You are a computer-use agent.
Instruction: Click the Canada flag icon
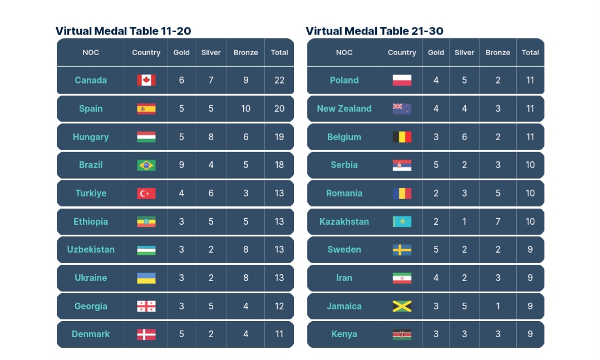point(146,80)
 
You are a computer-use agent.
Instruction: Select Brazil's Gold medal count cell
point(181,165)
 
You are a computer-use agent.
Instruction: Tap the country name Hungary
point(91,137)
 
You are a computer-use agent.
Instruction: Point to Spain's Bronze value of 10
point(245,109)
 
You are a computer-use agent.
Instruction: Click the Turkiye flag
point(146,193)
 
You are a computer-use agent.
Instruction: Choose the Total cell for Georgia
point(279,306)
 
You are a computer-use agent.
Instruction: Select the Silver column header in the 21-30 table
point(464,52)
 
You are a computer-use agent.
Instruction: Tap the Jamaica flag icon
point(402,306)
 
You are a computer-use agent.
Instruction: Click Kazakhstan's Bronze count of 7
point(498,221)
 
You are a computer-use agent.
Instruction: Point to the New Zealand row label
point(344,109)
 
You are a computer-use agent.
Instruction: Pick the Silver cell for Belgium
point(464,137)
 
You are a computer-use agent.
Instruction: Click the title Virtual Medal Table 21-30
point(375,31)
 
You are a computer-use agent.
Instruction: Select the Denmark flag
point(146,334)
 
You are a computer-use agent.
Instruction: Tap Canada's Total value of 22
point(279,80)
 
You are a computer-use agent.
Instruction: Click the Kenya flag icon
point(402,334)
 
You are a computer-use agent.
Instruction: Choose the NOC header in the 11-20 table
point(91,52)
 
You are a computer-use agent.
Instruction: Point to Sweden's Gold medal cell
point(436,249)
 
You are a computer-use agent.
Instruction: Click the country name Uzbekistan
point(91,249)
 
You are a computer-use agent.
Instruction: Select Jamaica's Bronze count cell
point(498,306)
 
